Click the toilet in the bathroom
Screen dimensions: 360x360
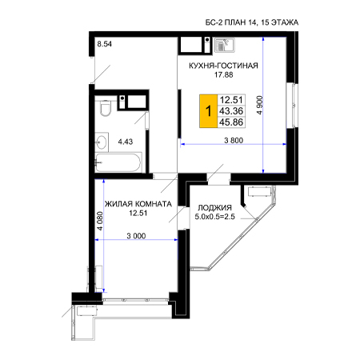tap(106, 108)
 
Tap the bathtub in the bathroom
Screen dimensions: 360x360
tap(118, 162)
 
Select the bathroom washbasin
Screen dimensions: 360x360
tap(102, 142)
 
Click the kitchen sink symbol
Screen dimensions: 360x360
tap(225, 45)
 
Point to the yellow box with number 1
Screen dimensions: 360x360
tap(209, 111)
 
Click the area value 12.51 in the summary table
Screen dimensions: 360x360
tap(231, 100)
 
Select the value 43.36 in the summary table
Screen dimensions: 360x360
tap(231, 111)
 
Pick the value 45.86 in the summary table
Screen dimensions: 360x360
tap(231, 122)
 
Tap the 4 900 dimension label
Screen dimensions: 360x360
tap(259, 105)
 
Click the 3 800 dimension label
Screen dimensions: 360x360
tap(234, 140)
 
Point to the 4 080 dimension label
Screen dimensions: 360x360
tap(100, 221)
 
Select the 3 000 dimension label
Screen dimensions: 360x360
tap(136, 236)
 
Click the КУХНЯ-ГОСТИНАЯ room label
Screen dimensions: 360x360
tap(223, 66)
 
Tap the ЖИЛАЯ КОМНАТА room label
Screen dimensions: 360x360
tap(138, 204)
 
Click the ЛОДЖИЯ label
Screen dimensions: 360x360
tap(214, 208)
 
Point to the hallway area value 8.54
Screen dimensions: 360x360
tap(105, 44)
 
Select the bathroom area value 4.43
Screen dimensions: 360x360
tap(126, 142)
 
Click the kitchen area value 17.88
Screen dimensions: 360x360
tap(224, 75)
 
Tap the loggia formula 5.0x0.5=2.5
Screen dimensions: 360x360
tap(215, 217)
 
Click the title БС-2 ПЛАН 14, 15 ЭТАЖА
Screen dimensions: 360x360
tap(252, 22)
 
